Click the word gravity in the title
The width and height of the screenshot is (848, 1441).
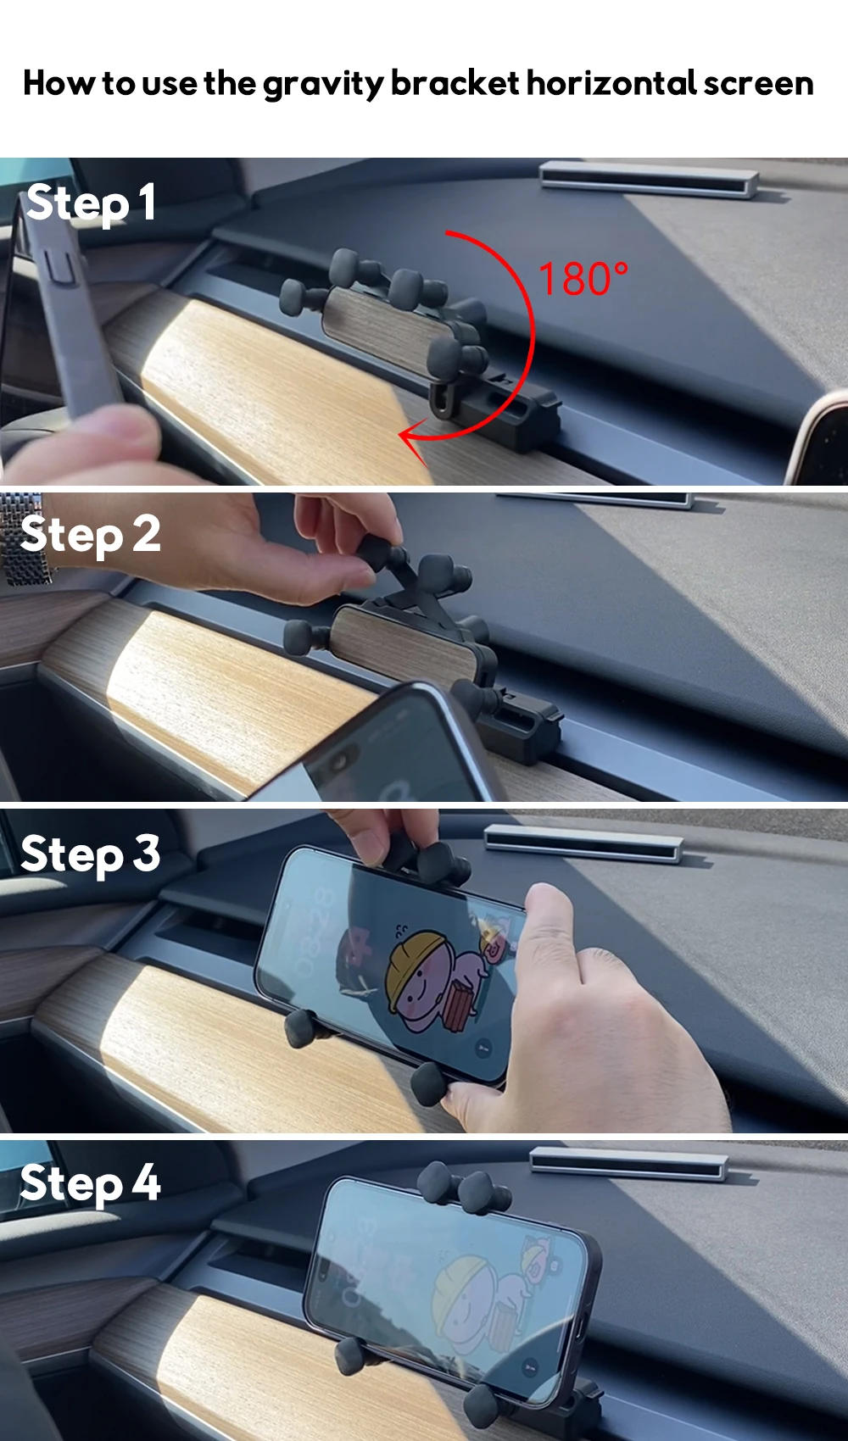[324, 85]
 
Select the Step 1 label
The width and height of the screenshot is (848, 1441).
[91, 203]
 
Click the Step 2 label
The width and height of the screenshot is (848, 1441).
[90, 535]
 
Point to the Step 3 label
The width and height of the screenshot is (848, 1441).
[90, 854]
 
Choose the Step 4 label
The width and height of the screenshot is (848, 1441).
[90, 1183]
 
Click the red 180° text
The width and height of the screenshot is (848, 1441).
[583, 279]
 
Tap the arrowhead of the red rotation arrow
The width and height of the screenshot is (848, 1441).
[412, 442]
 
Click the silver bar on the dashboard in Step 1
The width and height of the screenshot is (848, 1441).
[649, 180]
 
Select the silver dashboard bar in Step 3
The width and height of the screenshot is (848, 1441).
[583, 842]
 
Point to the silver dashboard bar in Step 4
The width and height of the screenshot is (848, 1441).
[629, 1163]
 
